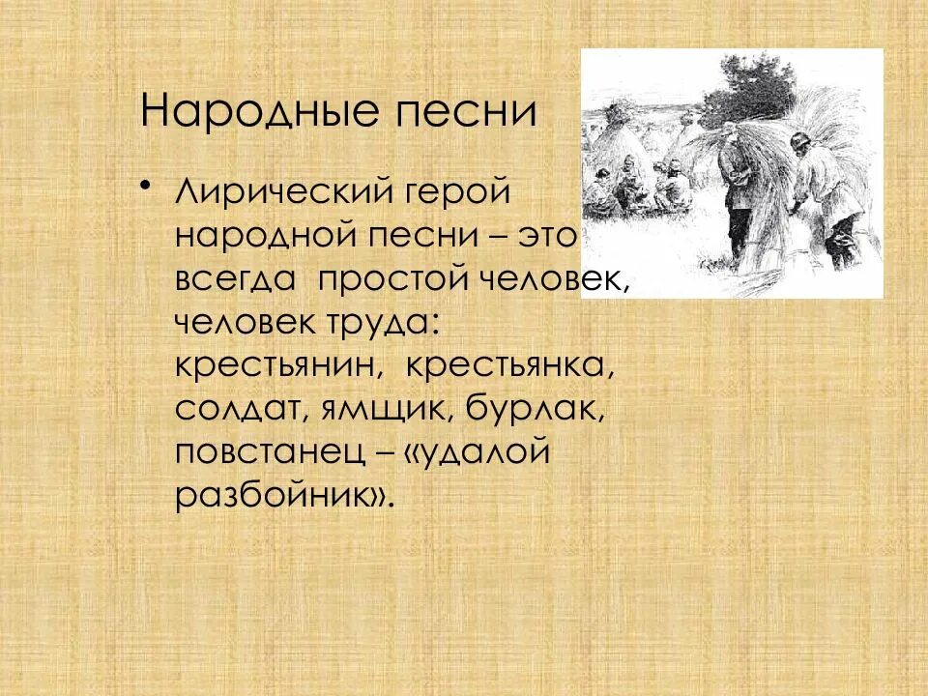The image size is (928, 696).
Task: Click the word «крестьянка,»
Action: click(509, 367)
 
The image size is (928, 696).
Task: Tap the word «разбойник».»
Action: click(285, 498)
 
